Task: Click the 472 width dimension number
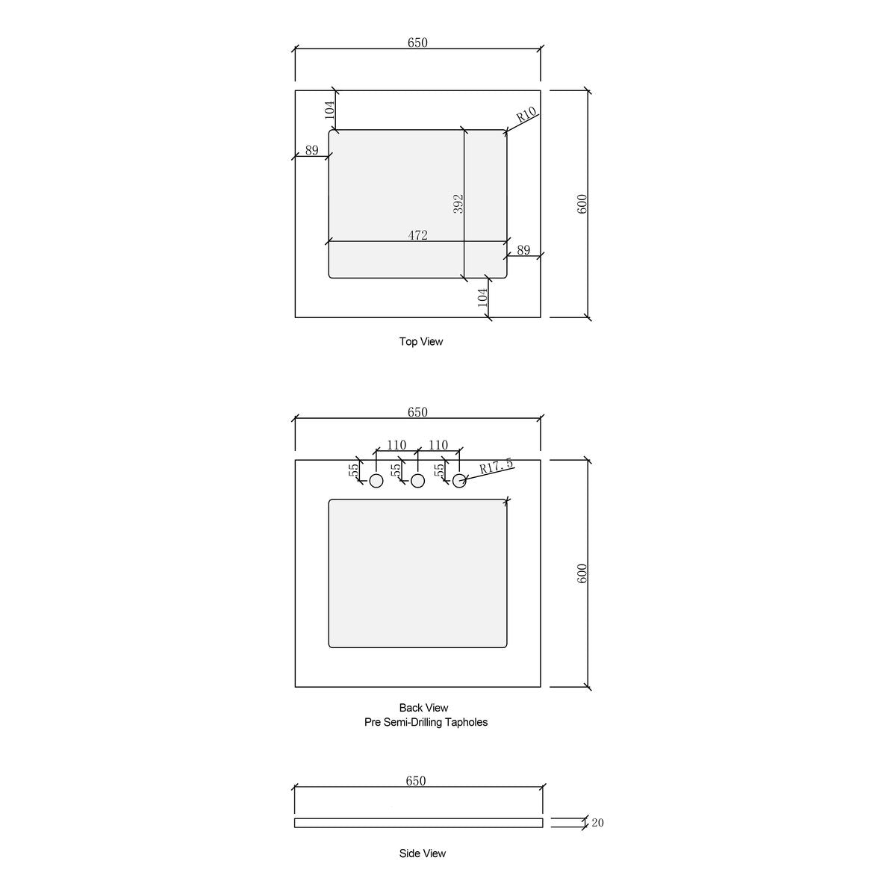pos(417,235)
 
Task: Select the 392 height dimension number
pos(458,204)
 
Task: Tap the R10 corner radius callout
pos(526,114)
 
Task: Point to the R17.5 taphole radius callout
pos(496,466)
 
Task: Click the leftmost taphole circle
pos(376,481)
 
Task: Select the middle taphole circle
pos(417,481)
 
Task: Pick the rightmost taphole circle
pos(459,481)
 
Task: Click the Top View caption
pos(421,342)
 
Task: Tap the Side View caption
pos(422,853)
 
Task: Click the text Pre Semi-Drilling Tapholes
pos(426,722)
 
